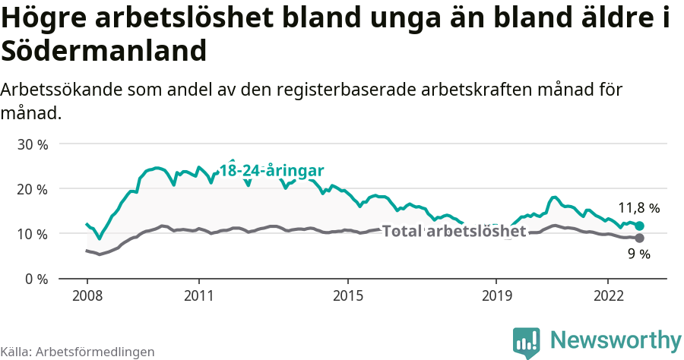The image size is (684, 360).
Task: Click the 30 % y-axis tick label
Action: [32, 144]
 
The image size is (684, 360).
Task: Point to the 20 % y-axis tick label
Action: [32, 189]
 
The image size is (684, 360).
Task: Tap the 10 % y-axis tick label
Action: [32, 234]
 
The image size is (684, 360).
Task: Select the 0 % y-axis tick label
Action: [36, 279]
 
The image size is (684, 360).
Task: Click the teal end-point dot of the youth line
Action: [640, 226]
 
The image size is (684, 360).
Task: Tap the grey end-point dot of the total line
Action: [640, 238]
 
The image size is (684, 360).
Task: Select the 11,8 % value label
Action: [638, 207]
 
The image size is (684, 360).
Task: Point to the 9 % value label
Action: [639, 254]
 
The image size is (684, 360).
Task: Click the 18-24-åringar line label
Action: [272, 170]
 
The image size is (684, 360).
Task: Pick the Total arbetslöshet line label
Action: [454, 231]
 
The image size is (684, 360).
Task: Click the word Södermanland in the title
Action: [104, 52]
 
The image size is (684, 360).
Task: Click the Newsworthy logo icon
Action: [527, 343]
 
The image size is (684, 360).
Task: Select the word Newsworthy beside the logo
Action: [616, 339]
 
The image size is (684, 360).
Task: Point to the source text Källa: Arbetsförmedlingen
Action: [78, 352]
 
